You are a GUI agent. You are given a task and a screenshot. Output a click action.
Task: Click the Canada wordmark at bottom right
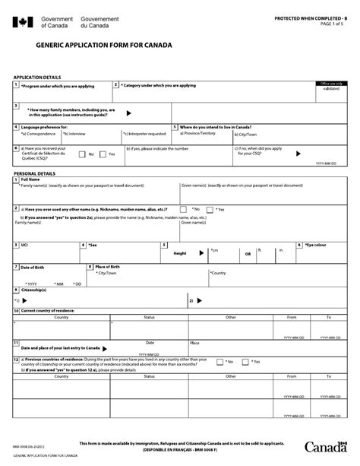click(x=321, y=447)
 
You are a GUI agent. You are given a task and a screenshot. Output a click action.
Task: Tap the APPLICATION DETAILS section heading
click(x=37, y=78)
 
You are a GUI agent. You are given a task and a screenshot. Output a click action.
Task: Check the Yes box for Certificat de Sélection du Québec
click(x=104, y=154)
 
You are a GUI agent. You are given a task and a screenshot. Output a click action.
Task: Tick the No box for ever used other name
click(x=184, y=209)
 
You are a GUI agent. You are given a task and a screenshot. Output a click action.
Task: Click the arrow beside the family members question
click(x=128, y=112)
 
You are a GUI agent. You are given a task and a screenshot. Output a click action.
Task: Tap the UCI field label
click(x=25, y=246)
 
